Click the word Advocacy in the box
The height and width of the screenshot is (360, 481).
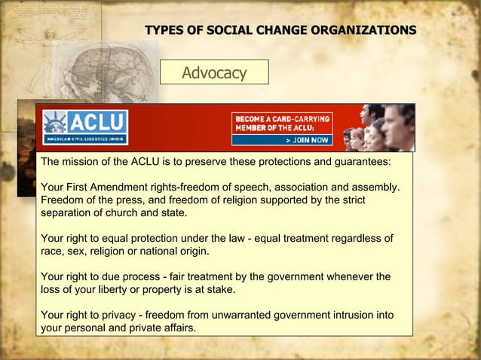point(215,72)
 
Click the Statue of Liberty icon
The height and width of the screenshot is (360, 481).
point(55,123)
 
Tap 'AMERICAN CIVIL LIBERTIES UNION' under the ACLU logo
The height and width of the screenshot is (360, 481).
point(84,139)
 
